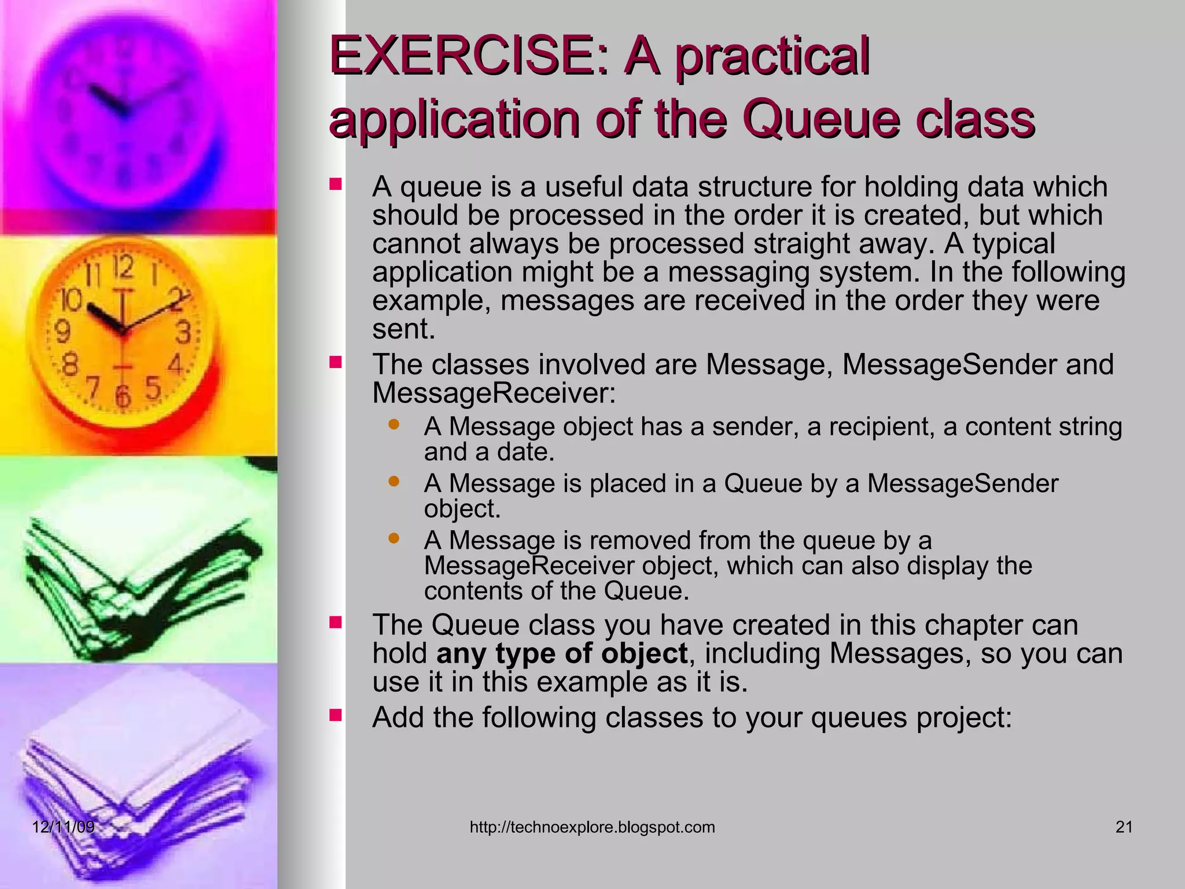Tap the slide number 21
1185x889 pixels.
(1124, 827)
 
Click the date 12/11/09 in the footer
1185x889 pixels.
(63, 826)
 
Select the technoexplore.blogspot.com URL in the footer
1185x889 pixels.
(592, 827)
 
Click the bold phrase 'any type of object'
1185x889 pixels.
(561, 653)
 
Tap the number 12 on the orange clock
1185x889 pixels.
(123, 267)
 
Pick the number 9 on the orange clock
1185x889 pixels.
(62, 332)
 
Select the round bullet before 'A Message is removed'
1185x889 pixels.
(394, 539)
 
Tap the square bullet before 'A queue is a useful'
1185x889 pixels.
(336, 185)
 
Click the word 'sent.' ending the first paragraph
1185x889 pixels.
(403, 329)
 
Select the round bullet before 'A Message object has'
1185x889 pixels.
(394, 424)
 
